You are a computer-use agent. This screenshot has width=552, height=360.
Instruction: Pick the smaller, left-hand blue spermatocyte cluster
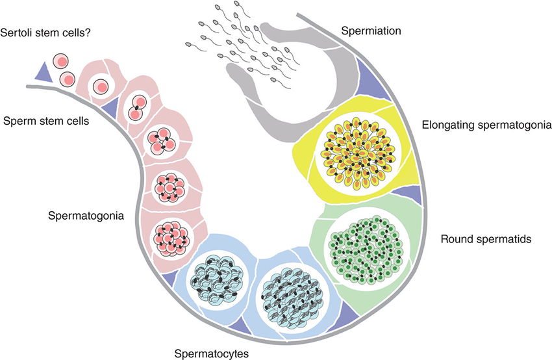coord(214,277)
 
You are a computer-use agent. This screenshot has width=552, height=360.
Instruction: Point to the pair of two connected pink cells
coord(138,107)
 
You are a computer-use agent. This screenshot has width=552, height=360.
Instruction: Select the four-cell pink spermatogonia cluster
coord(158,137)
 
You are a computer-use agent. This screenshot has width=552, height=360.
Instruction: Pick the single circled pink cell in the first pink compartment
coord(101,86)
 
